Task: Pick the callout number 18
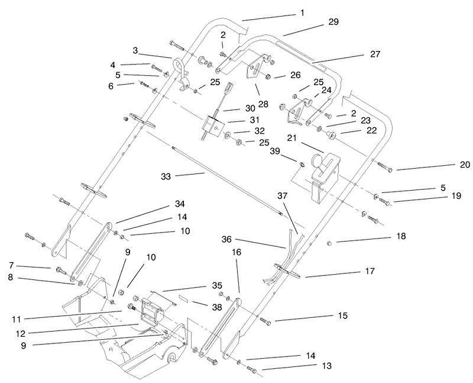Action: [384, 236]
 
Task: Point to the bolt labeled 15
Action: [264, 320]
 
